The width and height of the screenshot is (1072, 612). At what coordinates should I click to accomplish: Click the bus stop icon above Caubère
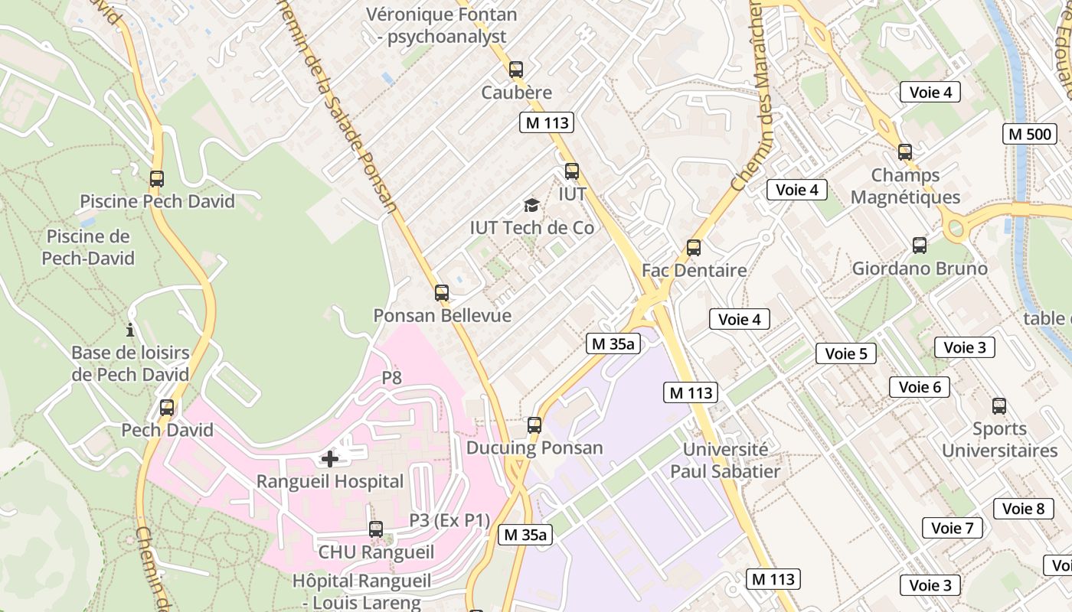(x=516, y=70)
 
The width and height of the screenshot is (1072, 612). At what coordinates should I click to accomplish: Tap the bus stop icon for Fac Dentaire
(x=694, y=248)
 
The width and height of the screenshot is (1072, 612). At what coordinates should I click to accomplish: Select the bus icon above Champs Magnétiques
(x=905, y=152)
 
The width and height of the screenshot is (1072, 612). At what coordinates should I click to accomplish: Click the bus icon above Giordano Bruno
(x=920, y=246)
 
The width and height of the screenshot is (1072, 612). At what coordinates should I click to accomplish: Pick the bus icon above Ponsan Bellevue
(x=442, y=292)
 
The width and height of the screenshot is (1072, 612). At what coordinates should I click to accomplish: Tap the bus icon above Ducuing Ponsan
(x=534, y=425)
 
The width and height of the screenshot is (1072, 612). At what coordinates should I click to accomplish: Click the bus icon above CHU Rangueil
(x=376, y=529)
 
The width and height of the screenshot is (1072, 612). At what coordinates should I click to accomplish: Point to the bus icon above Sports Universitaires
(x=999, y=406)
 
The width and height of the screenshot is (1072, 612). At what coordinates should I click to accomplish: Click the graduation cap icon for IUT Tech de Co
(x=531, y=205)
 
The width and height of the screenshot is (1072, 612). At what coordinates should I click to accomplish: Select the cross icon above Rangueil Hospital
(x=330, y=459)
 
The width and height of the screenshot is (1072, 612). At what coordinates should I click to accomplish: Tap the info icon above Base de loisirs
(x=130, y=330)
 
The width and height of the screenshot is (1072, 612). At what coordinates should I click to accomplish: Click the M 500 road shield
(x=1030, y=134)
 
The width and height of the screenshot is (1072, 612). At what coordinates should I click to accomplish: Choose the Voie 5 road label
(x=846, y=353)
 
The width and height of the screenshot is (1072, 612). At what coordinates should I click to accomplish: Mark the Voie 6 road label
(x=920, y=387)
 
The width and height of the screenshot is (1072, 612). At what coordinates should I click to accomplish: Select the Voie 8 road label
(x=1023, y=509)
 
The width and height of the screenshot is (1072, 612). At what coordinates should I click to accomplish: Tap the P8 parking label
(x=392, y=378)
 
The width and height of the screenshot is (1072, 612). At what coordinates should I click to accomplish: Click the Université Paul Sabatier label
(x=725, y=461)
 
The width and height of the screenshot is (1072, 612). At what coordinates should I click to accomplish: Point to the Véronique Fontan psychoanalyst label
(x=442, y=25)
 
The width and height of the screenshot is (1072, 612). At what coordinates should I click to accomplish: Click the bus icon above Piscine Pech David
(x=157, y=179)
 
